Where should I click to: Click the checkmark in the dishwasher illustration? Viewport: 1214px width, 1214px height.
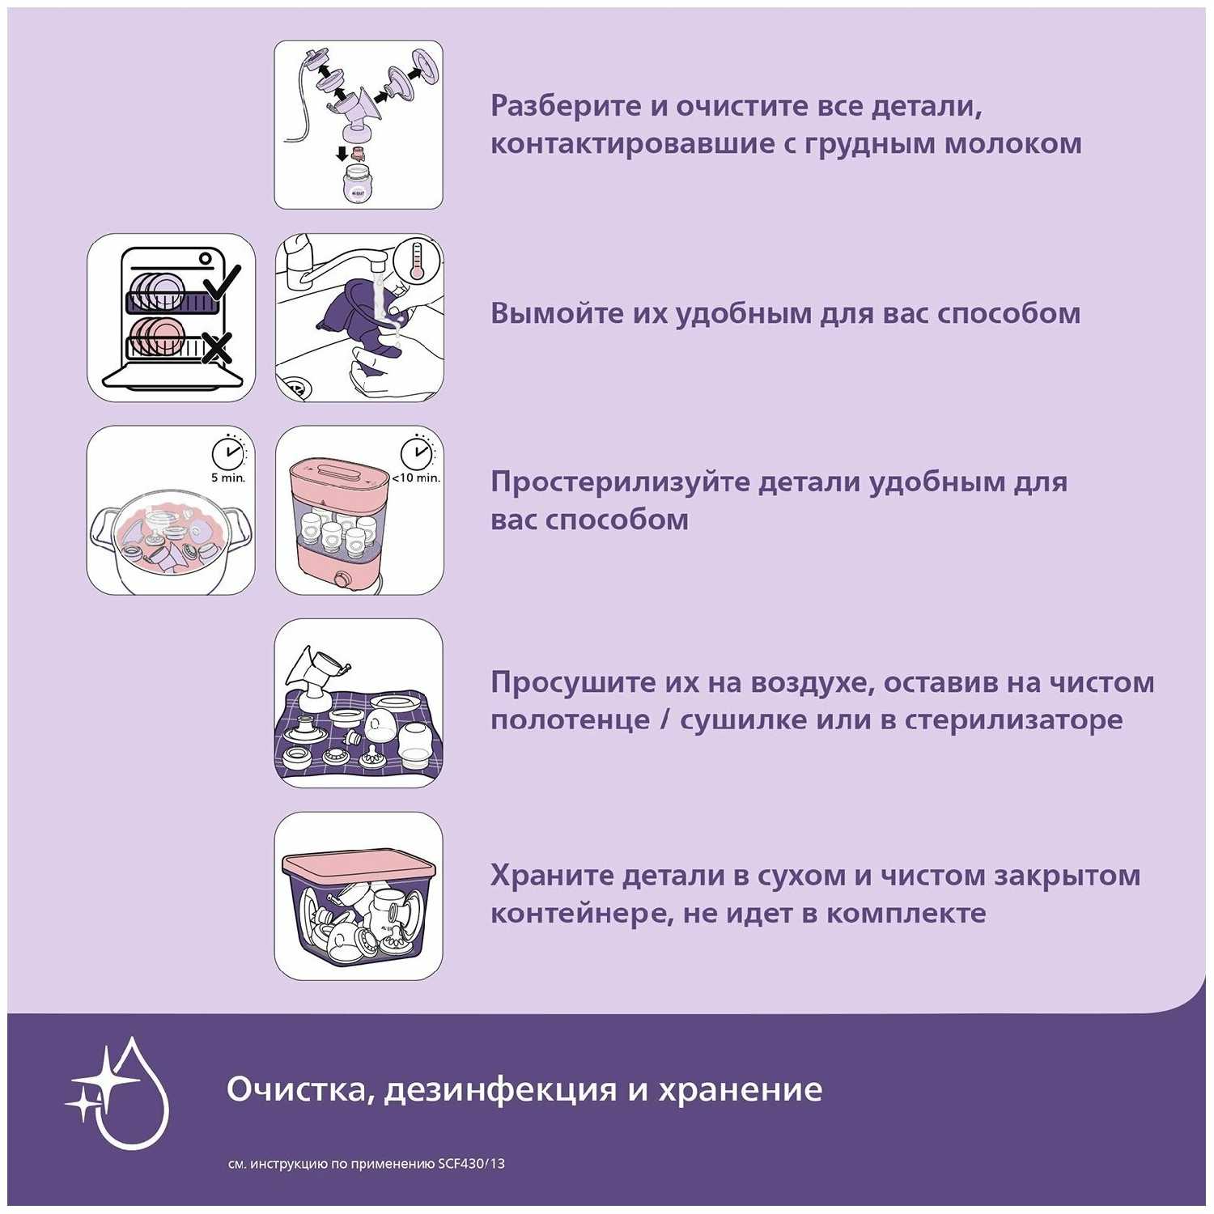(220, 283)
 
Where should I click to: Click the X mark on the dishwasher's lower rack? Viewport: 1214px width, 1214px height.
(217, 348)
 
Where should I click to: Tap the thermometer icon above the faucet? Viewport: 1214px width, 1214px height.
(417, 261)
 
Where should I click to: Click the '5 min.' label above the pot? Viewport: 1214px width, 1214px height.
(227, 478)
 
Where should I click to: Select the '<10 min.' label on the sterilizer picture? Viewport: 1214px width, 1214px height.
(416, 478)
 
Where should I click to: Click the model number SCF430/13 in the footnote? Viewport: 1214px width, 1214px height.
(471, 1164)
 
